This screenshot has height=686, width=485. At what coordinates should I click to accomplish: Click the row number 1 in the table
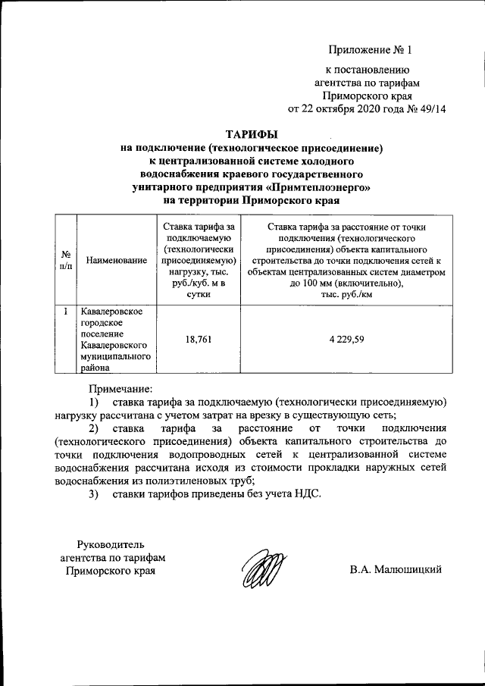pyautogui.click(x=66, y=311)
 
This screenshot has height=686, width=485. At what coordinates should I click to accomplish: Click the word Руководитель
pyautogui.click(x=111, y=543)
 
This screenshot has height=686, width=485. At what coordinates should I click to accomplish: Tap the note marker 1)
pyautogui.click(x=95, y=402)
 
